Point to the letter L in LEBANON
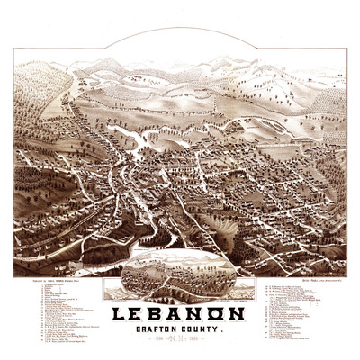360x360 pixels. (119, 316)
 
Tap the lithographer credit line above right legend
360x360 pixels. (301, 280)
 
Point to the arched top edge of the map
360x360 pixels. (180, 29)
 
